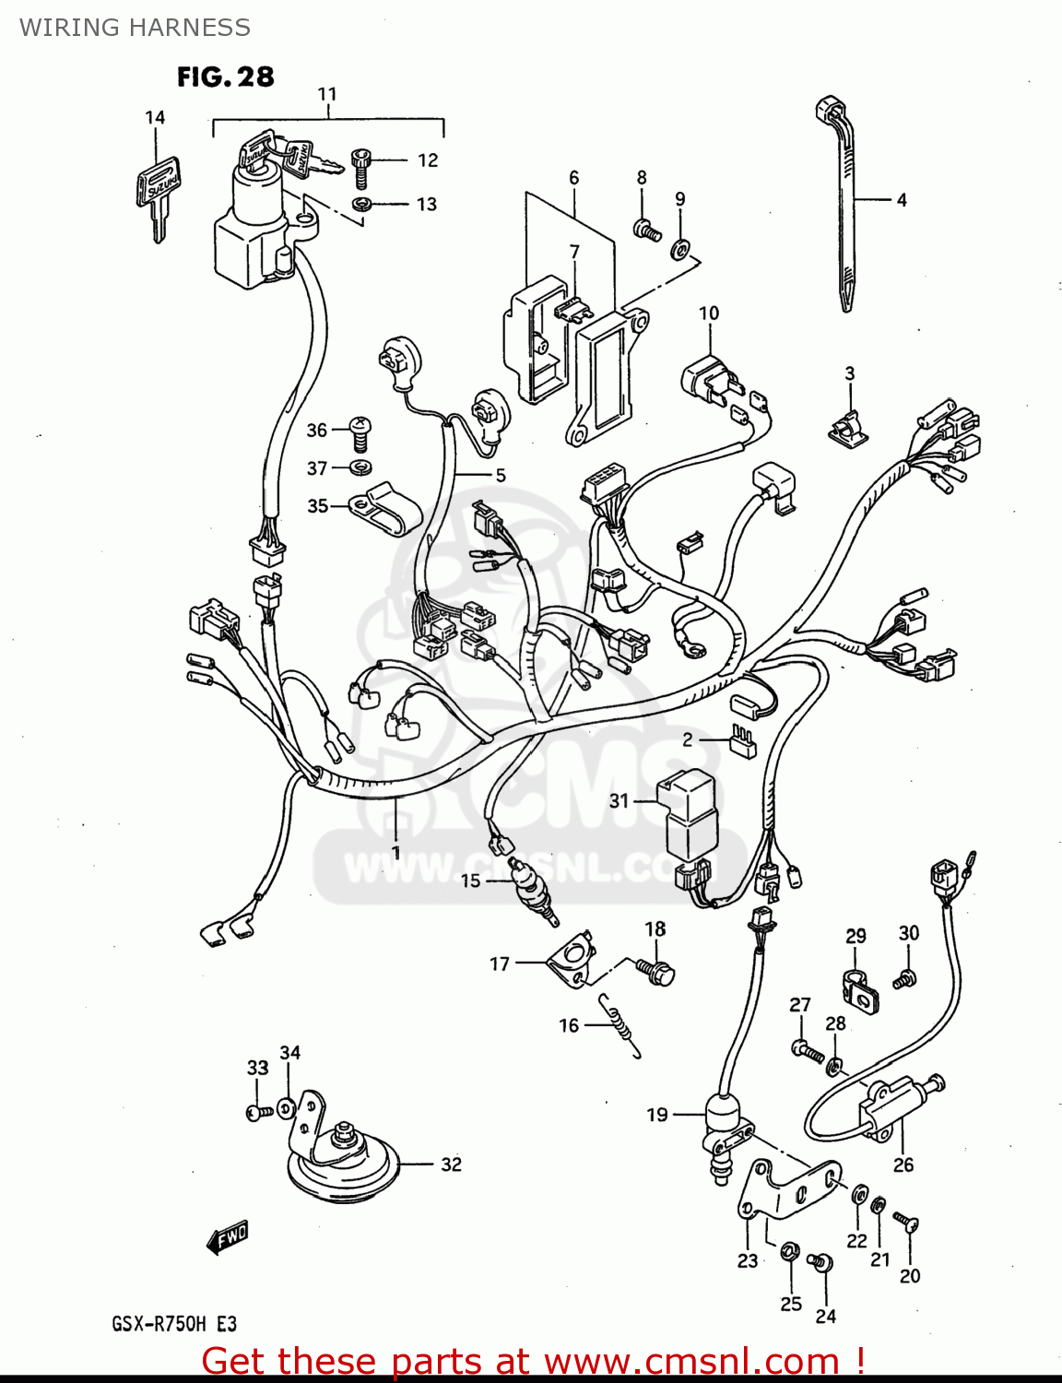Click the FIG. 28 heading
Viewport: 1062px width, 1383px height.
click(225, 77)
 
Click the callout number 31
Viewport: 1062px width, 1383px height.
click(619, 800)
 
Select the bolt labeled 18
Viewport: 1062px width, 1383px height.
click(656, 971)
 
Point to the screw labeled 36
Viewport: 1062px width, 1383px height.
click(361, 430)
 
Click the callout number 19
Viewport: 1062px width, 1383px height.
click(656, 1115)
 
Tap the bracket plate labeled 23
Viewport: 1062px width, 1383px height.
click(784, 1189)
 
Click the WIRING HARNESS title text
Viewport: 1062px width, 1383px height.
click(135, 28)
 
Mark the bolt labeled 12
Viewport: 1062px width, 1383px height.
click(361, 167)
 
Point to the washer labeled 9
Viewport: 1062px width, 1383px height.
click(680, 248)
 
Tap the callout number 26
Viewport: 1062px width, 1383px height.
click(903, 1164)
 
